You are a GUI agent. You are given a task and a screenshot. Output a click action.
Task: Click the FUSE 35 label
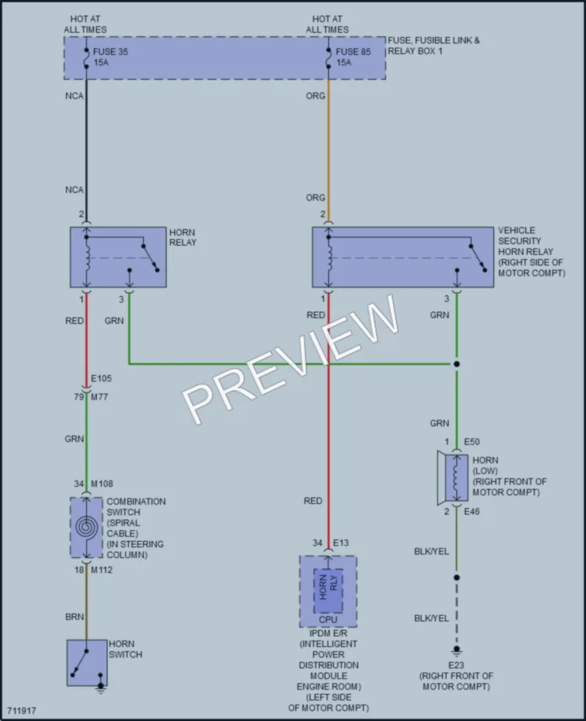click(110, 51)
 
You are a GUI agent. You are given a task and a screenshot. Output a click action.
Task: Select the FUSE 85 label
click(352, 51)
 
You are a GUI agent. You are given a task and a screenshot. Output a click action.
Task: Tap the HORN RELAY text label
click(182, 237)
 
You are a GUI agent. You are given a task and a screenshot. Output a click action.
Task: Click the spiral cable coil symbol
click(86, 527)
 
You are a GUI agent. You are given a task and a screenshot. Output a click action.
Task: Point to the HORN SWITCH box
click(86, 663)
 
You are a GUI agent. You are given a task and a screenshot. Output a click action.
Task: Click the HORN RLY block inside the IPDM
click(328, 591)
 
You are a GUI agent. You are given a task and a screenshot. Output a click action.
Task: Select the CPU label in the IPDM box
click(328, 619)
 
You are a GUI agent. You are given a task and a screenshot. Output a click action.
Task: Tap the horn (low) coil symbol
click(456, 479)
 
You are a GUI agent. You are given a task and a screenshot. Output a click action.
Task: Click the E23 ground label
click(456, 665)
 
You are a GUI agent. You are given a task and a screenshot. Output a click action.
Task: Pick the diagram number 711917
click(21, 710)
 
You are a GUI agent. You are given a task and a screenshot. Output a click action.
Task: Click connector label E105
click(101, 379)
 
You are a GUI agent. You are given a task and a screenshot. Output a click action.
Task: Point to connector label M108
click(102, 484)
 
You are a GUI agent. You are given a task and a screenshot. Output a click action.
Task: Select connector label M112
click(102, 569)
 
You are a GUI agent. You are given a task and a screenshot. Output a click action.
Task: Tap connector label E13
click(341, 542)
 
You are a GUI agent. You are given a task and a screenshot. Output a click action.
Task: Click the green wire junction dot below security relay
click(456, 364)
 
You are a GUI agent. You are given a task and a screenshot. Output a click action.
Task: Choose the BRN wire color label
click(75, 616)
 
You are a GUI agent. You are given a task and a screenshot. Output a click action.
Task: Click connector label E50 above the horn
click(472, 442)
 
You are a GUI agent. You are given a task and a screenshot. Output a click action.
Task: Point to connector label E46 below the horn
click(472, 511)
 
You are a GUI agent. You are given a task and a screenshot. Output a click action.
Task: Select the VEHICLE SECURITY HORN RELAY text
click(532, 251)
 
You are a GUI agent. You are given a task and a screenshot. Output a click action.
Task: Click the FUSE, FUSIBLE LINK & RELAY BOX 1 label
click(434, 46)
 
